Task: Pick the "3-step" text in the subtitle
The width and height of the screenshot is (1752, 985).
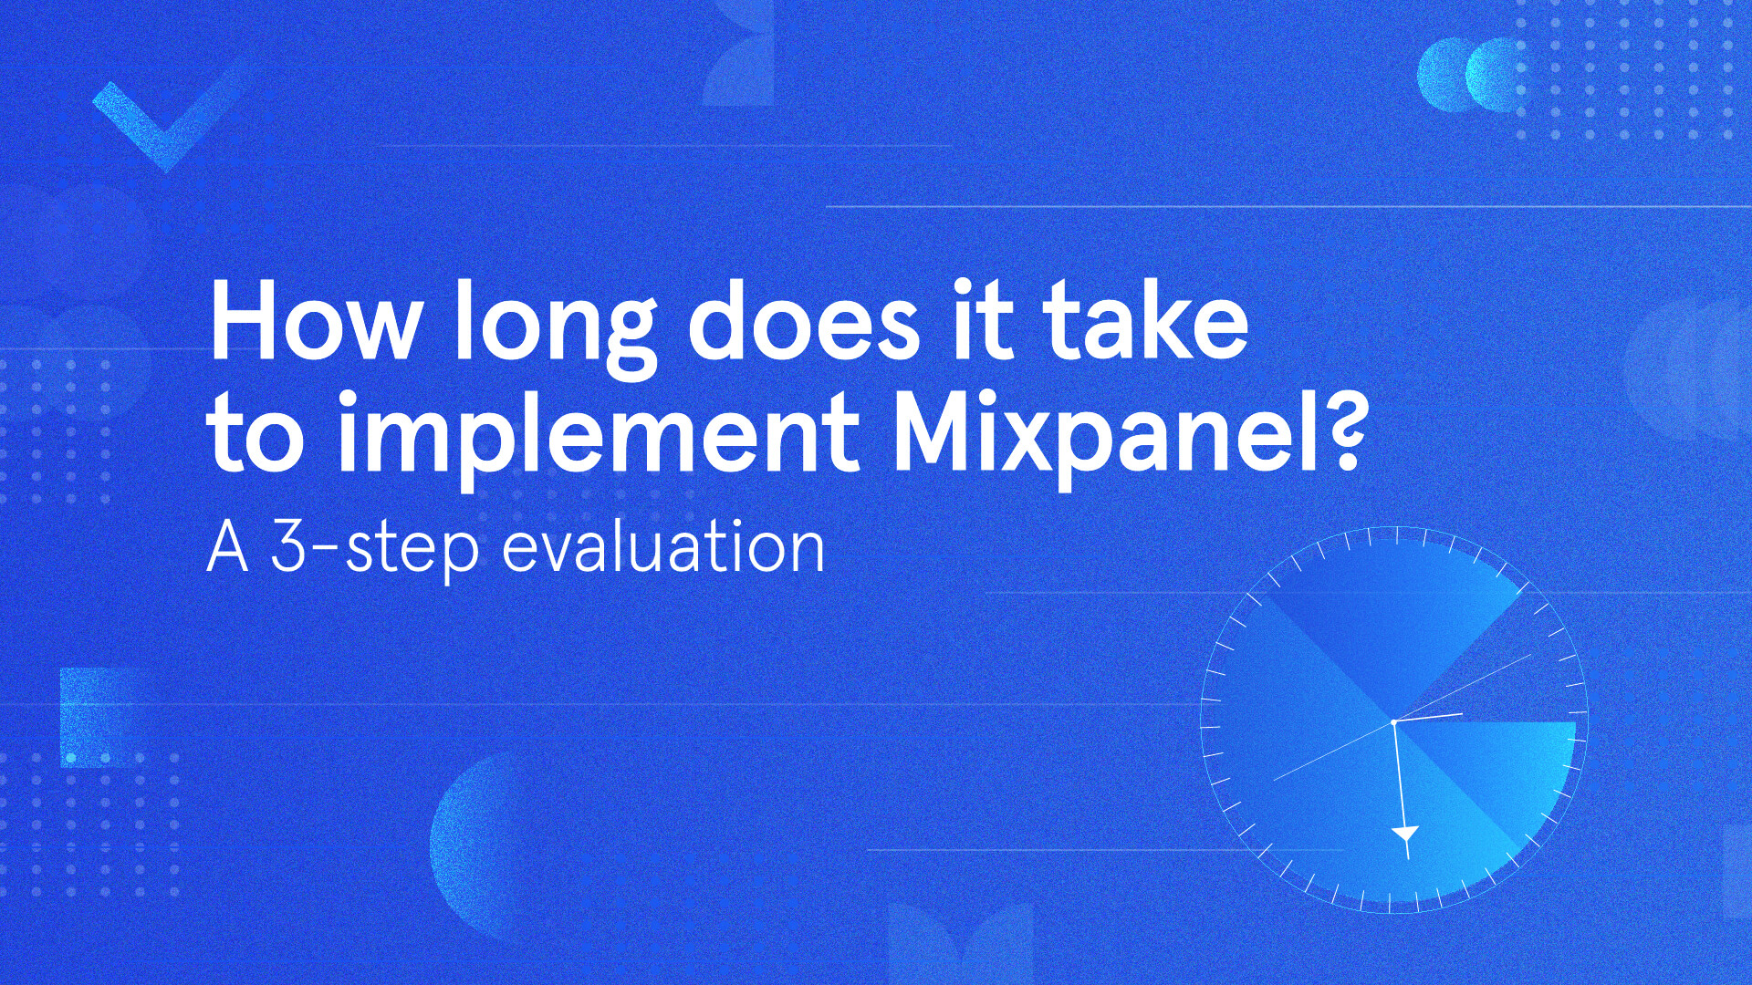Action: pyautogui.click(x=374, y=549)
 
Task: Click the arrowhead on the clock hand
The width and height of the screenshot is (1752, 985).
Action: pyautogui.click(x=1405, y=834)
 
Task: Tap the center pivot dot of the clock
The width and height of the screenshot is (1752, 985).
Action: pyautogui.click(x=1393, y=722)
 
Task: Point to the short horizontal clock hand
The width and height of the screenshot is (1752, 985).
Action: pyautogui.click(x=1431, y=717)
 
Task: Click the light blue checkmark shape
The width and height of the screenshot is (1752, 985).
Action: pyautogui.click(x=169, y=119)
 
